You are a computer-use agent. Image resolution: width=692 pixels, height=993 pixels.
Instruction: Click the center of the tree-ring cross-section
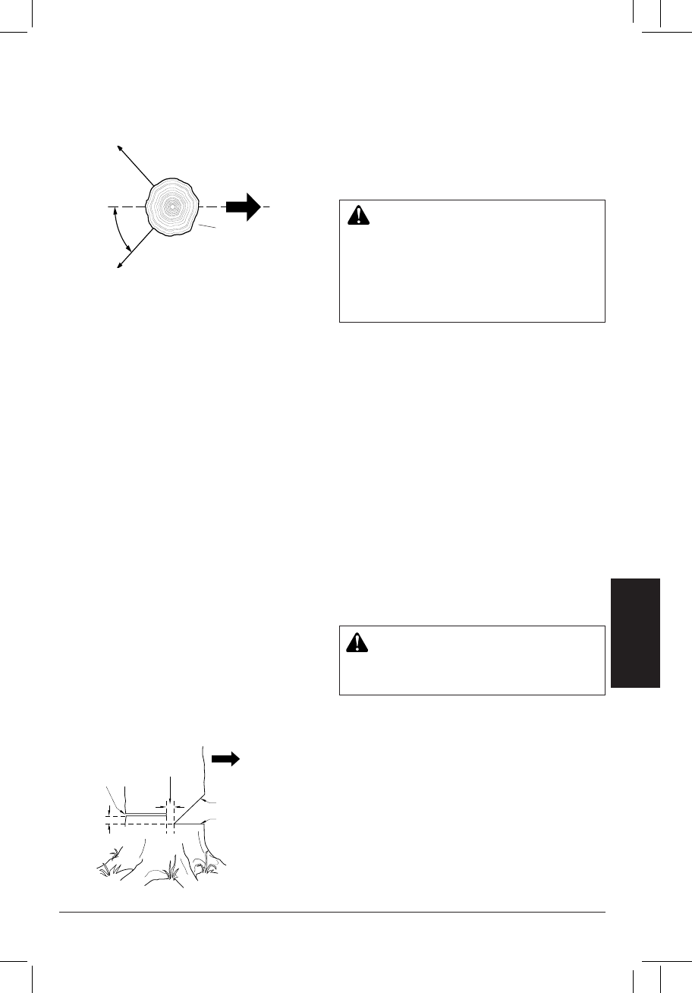tap(172, 206)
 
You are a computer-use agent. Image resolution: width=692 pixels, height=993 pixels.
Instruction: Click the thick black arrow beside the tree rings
tap(244, 206)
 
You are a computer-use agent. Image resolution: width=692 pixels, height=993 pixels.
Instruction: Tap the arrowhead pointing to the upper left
tap(119, 146)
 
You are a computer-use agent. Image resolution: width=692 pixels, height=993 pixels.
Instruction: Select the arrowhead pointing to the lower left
tap(119, 265)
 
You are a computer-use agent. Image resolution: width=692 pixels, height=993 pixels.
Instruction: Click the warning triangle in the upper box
tap(356, 216)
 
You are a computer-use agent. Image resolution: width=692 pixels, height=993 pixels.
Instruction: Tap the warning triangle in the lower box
tap(356, 642)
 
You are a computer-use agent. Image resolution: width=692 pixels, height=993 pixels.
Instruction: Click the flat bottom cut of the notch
tap(190, 822)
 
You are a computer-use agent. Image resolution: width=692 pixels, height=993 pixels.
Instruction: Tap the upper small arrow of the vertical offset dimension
tap(111, 811)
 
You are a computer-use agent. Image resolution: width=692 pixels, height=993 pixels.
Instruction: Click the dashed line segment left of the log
tap(125, 206)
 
